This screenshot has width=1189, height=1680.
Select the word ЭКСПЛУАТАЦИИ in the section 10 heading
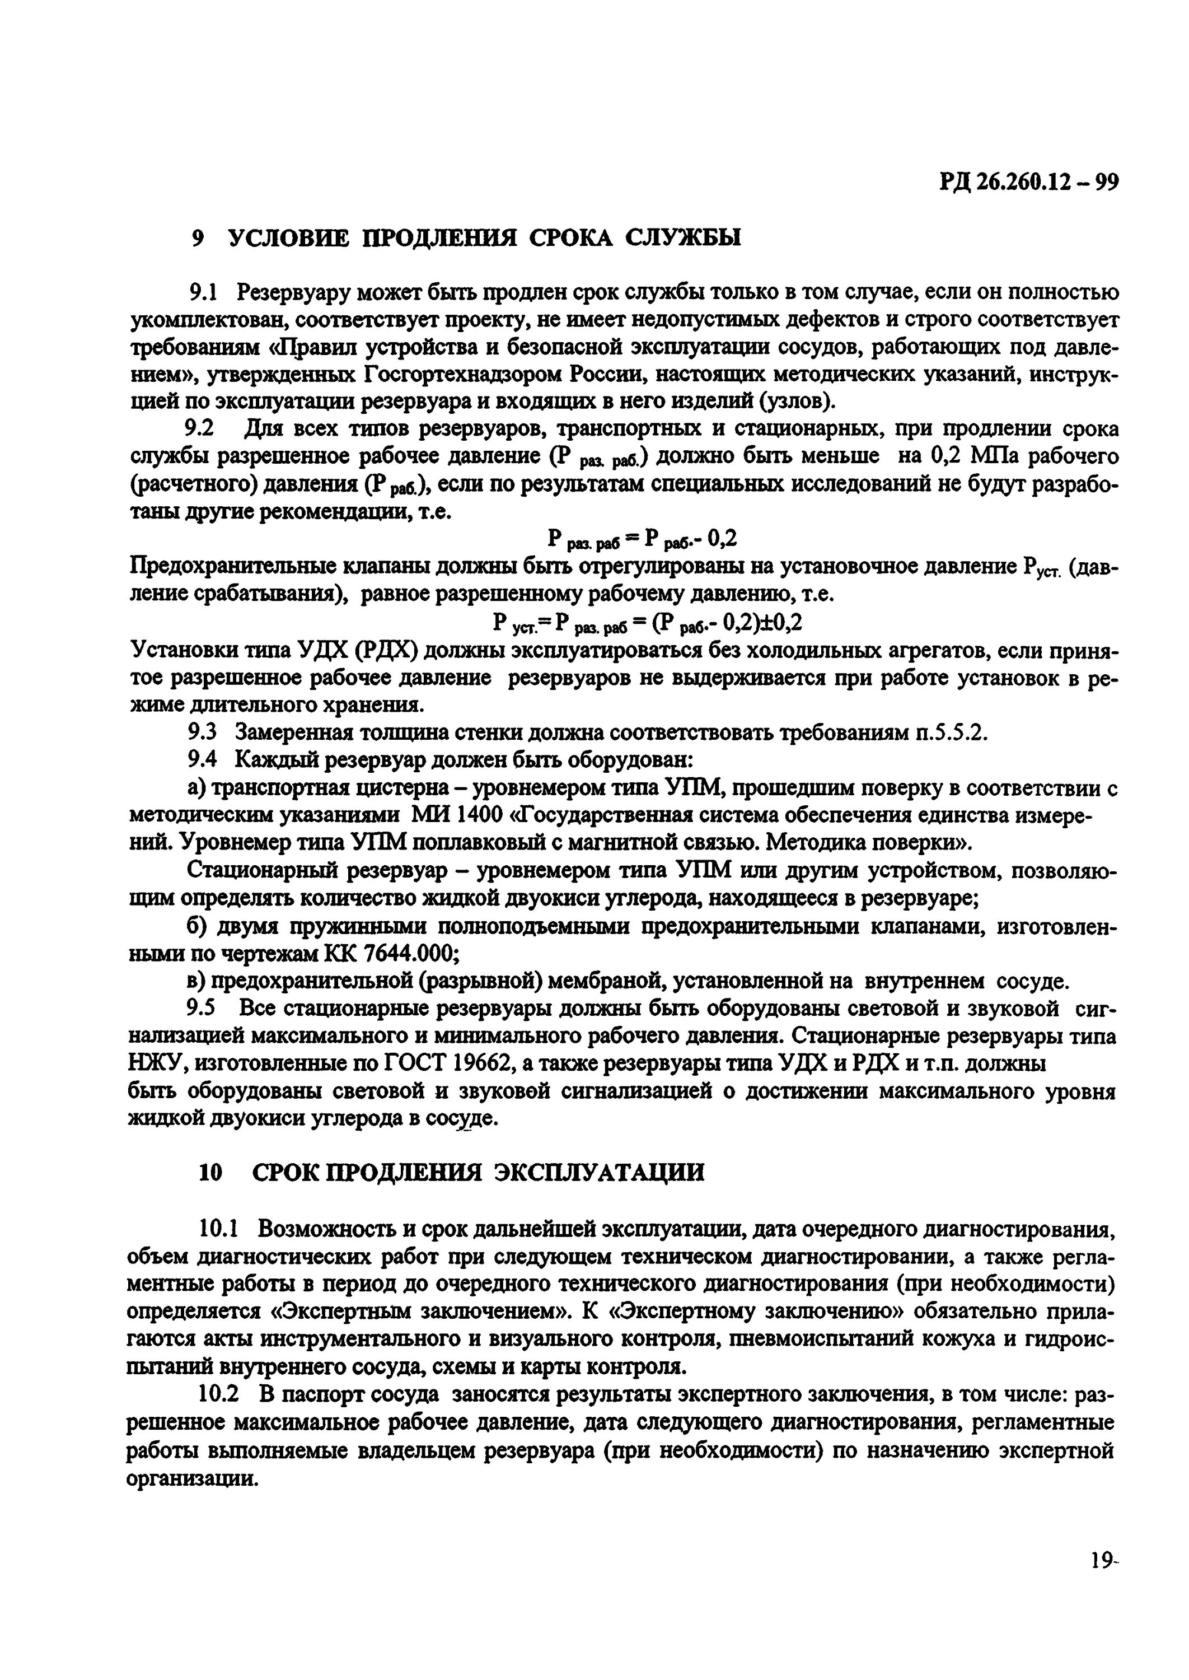pos(599,1173)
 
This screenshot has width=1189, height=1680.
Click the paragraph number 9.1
pos(204,293)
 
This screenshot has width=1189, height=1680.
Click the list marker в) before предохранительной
pos(198,981)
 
